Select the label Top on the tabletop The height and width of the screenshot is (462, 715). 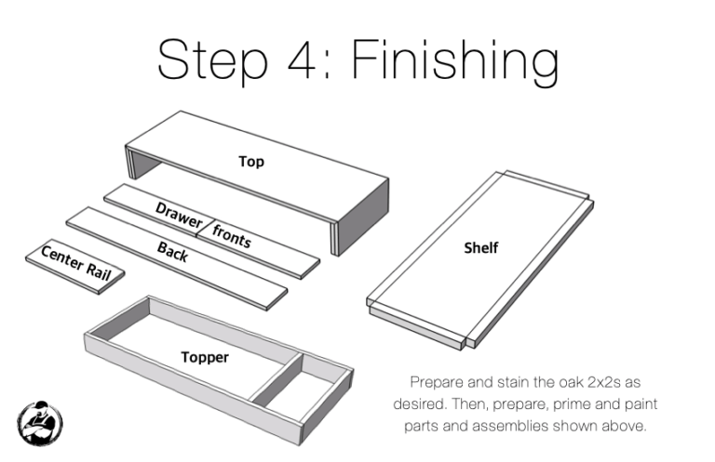point(251,162)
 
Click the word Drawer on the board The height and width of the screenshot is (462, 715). point(179,216)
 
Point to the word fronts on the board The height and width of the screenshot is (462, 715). point(232,237)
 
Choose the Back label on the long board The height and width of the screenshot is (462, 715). point(172,251)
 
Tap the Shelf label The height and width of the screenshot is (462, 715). point(481,247)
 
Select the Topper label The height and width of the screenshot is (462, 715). point(205,356)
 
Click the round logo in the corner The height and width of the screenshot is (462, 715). point(40,421)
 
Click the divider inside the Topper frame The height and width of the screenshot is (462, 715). point(277,376)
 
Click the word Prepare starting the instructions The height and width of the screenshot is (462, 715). point(437,382)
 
